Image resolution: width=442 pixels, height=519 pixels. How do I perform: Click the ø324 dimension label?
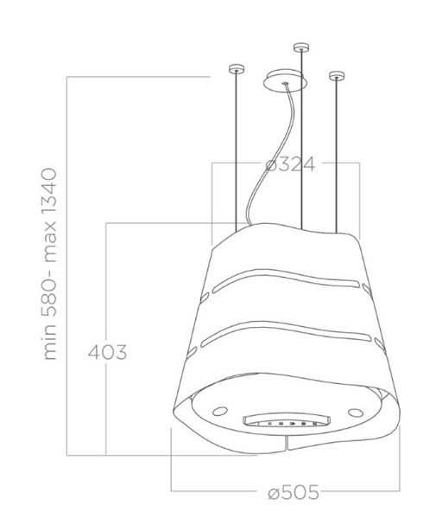point(290,164)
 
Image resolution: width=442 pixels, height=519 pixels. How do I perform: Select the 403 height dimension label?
point(107,352)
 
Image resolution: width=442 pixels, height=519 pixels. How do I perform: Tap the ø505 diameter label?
point(294,492)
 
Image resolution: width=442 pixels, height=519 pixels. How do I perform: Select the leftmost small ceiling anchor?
point(237,69)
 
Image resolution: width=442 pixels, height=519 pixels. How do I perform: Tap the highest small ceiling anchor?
point(301,48)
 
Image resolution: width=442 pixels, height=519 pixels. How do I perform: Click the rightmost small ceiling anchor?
point(337,76)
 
